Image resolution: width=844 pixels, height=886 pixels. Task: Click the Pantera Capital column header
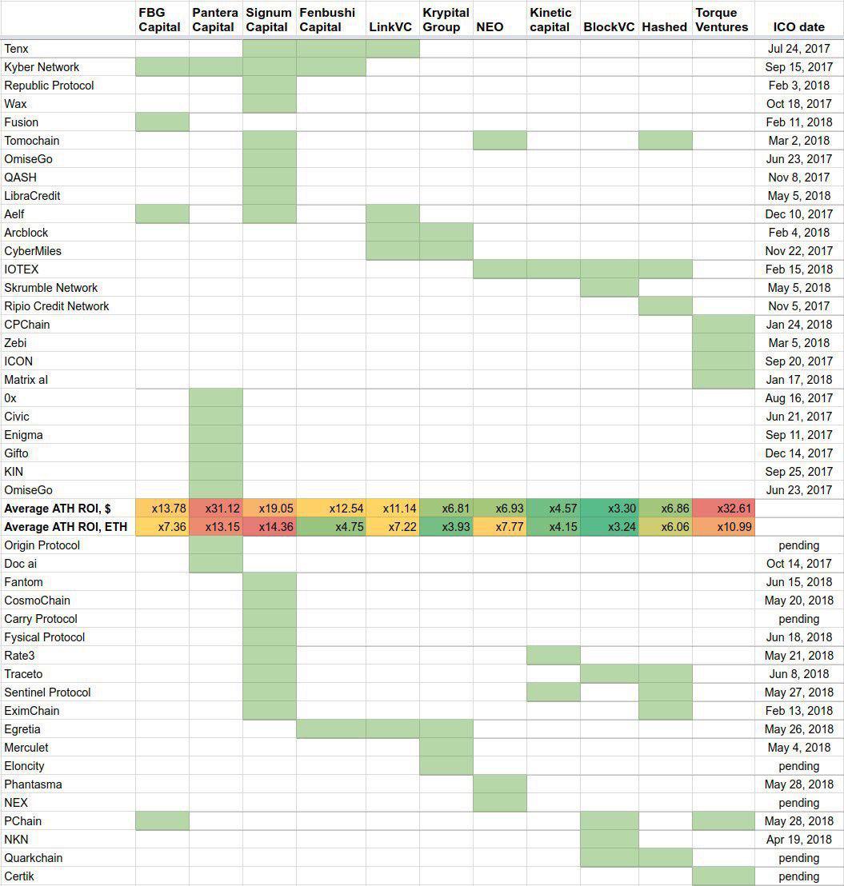(x=214, y=20)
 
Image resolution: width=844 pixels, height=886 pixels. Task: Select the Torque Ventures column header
(x=722, y=20)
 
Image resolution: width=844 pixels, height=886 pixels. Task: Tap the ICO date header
(x=798, y=27)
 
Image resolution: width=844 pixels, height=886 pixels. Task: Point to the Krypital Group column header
(x=446, y=20)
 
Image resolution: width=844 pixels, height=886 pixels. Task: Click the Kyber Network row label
(x=42, y=67)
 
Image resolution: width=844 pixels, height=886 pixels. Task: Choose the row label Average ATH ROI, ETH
(x=58, y=526)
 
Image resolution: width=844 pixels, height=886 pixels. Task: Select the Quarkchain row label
(x=34, y=858)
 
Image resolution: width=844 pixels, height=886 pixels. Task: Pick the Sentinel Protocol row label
(x=47, y=692)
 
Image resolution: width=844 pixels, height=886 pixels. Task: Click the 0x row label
(x=10, y=398)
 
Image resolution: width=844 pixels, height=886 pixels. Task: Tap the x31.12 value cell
(x=216, y=509)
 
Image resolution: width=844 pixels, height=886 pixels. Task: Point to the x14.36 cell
(x=270, y=527)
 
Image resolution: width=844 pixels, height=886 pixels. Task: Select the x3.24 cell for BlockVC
(x=610, y=527)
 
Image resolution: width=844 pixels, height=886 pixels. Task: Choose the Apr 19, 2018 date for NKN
(x=799, y=840)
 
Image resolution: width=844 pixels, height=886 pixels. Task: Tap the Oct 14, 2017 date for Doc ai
(x=799, y=564)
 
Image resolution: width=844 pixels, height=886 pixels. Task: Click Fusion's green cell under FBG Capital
(x=162, y=122)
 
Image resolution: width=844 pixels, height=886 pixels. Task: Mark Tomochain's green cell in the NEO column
(x=500, y=141)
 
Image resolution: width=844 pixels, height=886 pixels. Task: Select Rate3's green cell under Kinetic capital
(x=554, y=656)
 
